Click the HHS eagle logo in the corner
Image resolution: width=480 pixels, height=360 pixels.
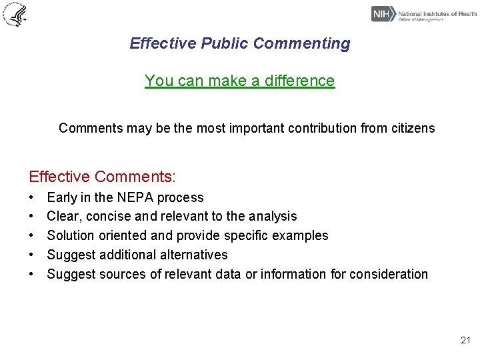pyautogui.click(x=15, y=14)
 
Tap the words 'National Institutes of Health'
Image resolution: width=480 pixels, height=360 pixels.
pyautogui.click(x=437, y=13)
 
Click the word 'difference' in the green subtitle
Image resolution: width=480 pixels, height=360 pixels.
pyautogui.click(x=299, y=81)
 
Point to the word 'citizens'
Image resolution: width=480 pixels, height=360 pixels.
pyautogui.click(x=413, y=128)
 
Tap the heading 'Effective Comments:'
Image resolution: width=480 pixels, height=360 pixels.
pyautogui.click(x=102, y=177)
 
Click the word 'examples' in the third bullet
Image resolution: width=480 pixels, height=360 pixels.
pyautogui.click(x=303, y=236)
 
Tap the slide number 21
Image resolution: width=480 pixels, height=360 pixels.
pyautogui.click(x=465, y=341)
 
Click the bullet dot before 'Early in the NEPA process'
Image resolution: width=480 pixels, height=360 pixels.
pyautogui.click(x=31, y=198)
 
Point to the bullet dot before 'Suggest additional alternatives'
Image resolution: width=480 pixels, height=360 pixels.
pyautogui.click(x=31, y=255)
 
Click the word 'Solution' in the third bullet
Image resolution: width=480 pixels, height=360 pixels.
pyautogui.click(x=71, y=236)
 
